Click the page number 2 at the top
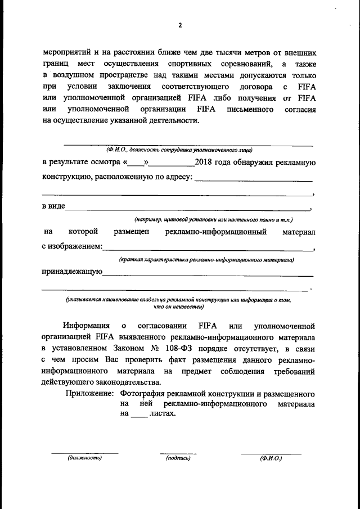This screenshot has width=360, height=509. [x=180, y=25]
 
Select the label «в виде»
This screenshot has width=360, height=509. [x=53, y=206]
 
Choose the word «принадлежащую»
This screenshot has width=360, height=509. [x=72, y=272]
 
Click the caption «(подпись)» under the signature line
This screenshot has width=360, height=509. [x=178, y=458]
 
